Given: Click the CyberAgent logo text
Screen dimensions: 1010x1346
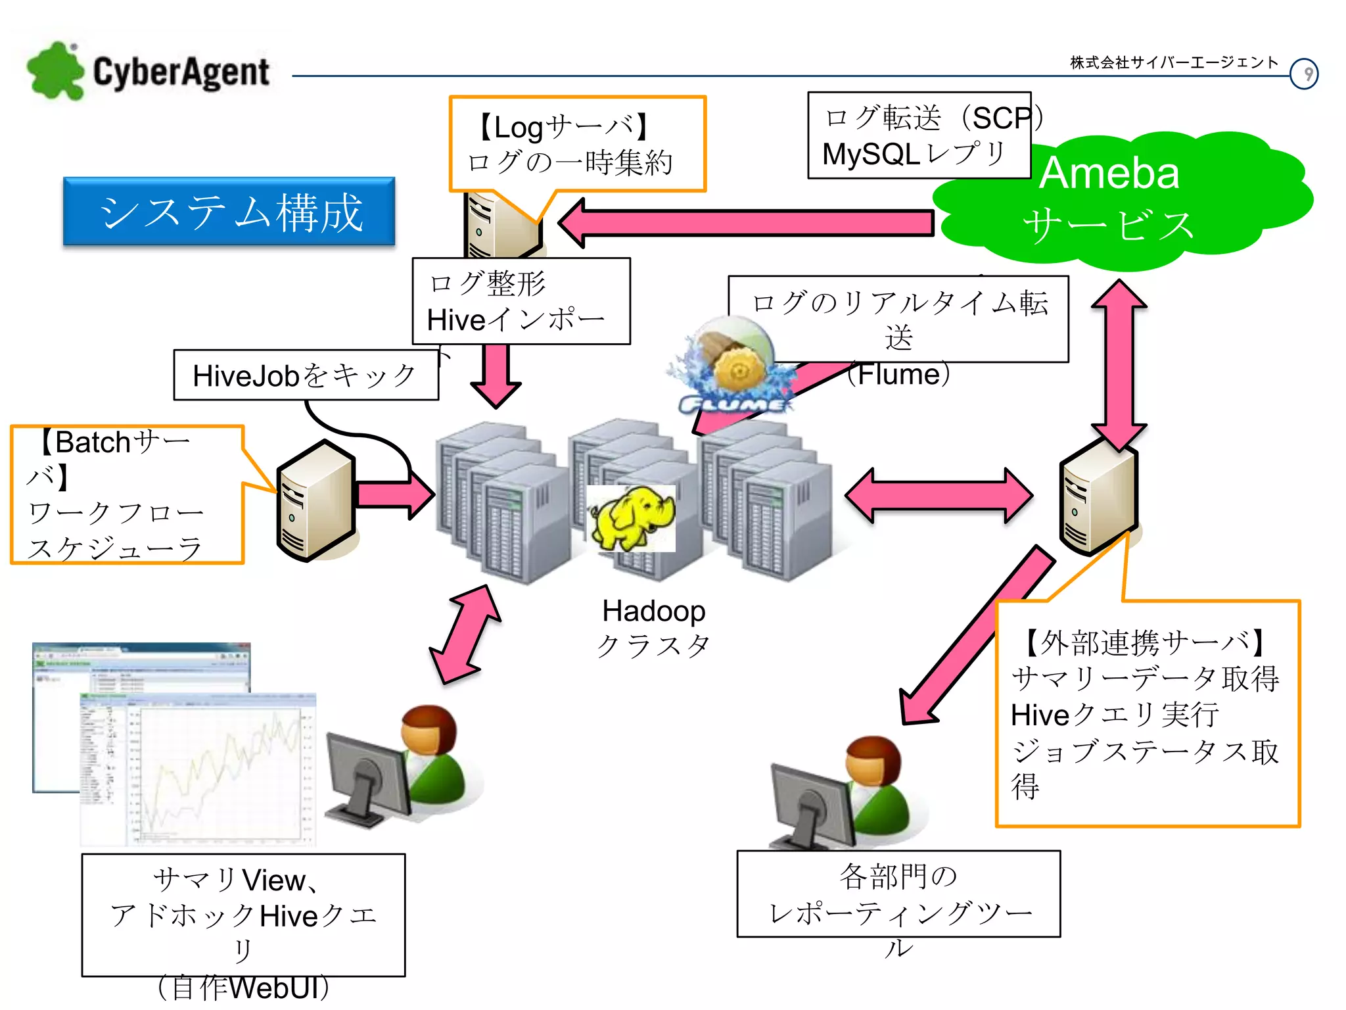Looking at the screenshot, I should (181, 72).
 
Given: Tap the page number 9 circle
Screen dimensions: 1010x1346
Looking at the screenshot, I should (1303, 74).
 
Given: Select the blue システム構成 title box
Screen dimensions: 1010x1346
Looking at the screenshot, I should (229, 212).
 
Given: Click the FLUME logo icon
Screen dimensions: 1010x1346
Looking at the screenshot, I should (733, 368).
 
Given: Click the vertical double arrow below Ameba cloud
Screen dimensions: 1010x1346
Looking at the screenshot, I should (1119, 365).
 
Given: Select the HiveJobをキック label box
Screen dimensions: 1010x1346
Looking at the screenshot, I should (306, 375).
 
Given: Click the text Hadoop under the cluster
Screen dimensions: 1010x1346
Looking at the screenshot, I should (653, 611).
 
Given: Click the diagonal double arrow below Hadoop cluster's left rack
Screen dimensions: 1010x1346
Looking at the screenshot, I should (465, 635).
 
